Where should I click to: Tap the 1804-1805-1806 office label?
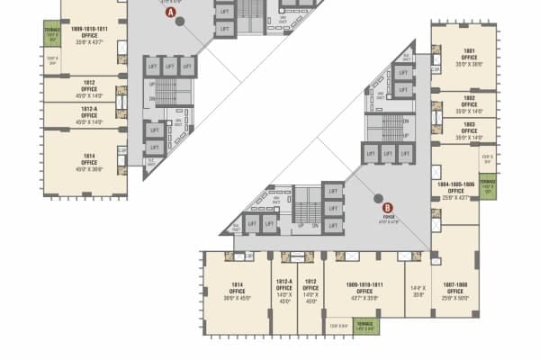click(455, 190)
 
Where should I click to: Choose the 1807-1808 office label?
click(455, 291)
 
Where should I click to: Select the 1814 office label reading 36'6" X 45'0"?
click(238, 291)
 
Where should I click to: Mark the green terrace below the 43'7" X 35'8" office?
click(364, 326)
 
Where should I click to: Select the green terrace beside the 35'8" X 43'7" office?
click(51, 35)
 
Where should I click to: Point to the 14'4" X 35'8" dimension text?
click(418, 291)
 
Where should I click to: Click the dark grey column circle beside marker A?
click(180, 21)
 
